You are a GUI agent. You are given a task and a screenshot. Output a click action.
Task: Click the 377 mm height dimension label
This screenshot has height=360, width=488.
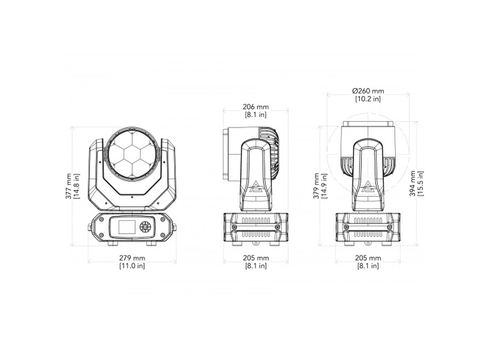click(x=69, y=186)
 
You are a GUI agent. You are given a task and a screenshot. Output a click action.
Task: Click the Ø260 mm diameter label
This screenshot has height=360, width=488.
click(x=368, y=90)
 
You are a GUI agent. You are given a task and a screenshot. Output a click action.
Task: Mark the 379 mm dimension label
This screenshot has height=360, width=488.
click(x=316, y=186)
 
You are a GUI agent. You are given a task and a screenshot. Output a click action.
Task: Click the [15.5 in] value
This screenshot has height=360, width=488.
click(x=423, y=184)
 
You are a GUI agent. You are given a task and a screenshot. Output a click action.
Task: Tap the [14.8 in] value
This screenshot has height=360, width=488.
click(x=77, y=186)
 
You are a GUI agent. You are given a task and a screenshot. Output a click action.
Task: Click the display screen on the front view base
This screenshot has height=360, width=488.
click(x=126, y=227)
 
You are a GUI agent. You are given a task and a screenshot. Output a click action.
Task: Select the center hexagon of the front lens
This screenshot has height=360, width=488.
click(x=134, y=155)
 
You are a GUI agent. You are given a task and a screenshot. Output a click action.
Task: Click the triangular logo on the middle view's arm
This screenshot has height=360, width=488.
click(x=256, y=188)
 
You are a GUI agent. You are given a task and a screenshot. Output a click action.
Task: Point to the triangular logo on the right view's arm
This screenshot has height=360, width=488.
click(x=368, y=188)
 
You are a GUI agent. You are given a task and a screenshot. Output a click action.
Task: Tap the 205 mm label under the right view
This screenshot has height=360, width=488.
click(x=368, y=258)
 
